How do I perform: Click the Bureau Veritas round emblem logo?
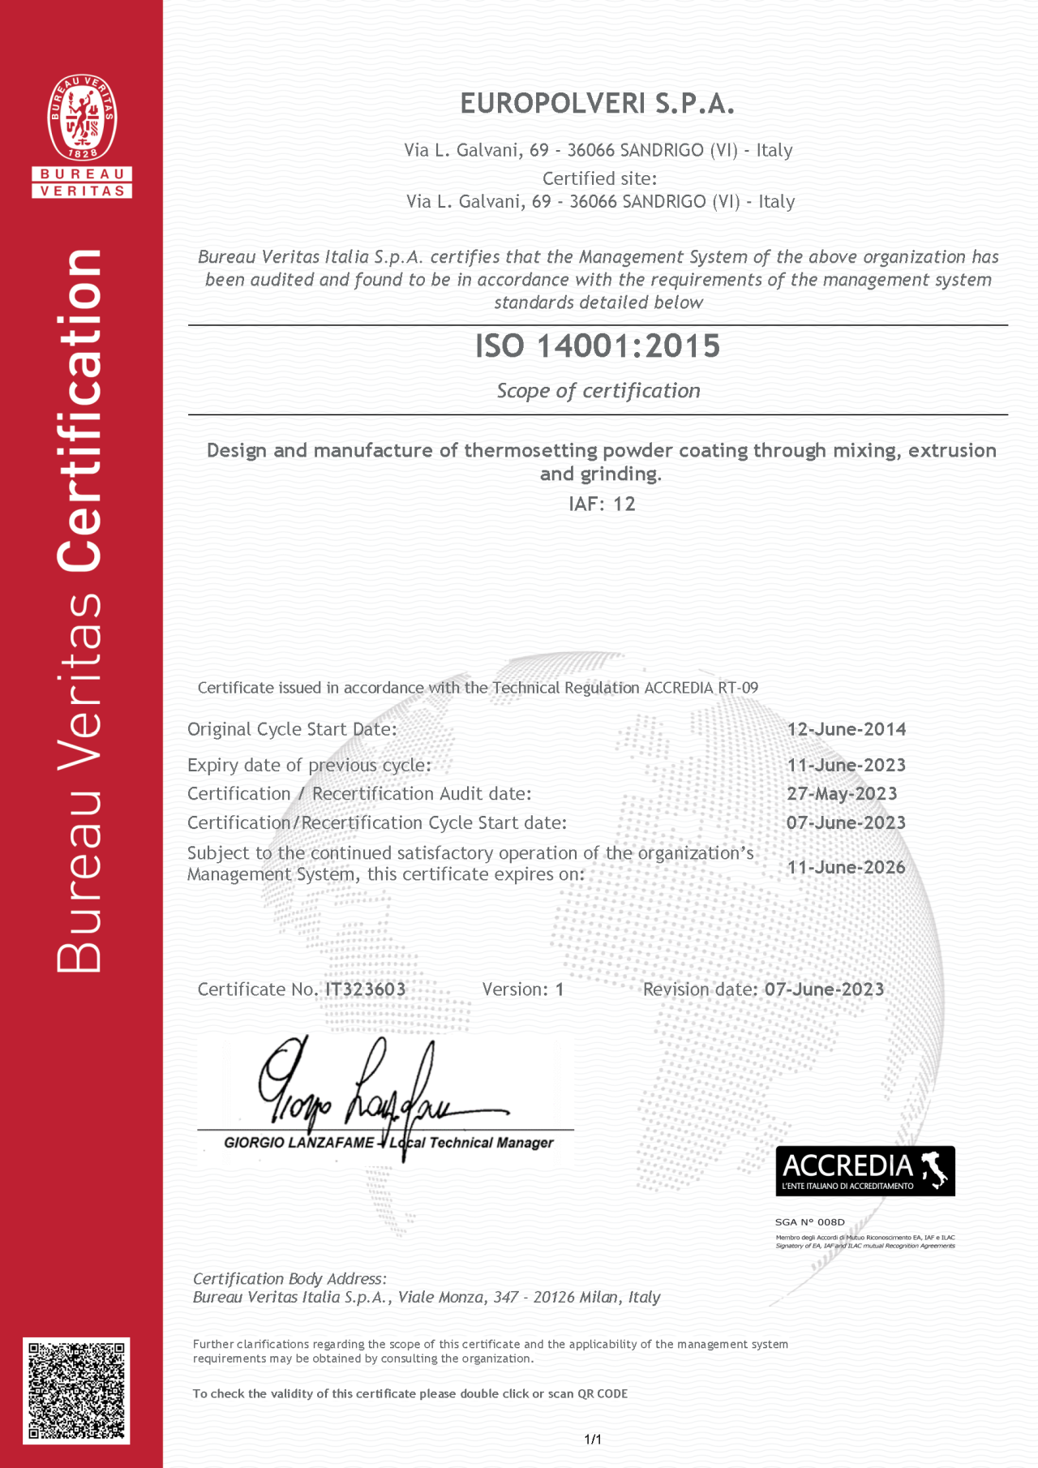click(x=82, y=117)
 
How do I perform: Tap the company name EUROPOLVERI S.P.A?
click(x=597, y=104)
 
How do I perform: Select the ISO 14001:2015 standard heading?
click(x=598, y=346)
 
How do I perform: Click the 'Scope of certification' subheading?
click(x=598, y=391)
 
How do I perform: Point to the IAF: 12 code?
click(x=602, y=504)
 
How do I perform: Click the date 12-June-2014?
click(x=846, y=729)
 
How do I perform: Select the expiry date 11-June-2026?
click(x=846, y=867)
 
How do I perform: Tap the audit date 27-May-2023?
click(x=842, y=794)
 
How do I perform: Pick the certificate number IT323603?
click(x=365, y=989)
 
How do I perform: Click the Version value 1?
click(x=560, y=989)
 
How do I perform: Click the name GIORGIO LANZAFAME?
click(x=298, y=1143)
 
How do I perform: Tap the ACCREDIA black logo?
click(x=865, y=1171)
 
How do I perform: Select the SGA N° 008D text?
click(x=809, y=1222)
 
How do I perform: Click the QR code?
click(x=76, y=1391)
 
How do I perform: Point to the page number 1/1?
click(x=593, y=1440)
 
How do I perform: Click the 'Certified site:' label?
click(x=599, y=178)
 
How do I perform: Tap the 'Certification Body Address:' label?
click(x=290, y=1279)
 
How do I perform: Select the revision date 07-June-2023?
click(x=824, y=989)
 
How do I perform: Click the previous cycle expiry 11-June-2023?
click(x=846, y=766)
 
